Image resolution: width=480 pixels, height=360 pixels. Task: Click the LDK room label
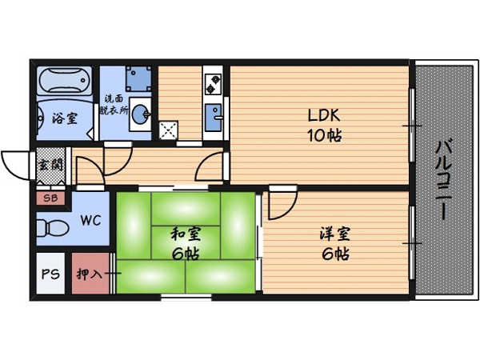(x=324, y=116)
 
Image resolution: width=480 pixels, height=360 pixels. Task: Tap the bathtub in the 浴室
(x=65, y=80)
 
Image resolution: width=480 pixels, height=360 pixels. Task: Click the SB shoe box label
(x=50, y=198)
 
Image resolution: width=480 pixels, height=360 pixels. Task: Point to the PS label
(x=50, y=274)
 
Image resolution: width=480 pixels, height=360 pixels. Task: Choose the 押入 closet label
(x=89, y=274)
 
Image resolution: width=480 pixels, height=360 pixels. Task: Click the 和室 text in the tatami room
(x=186, y=234)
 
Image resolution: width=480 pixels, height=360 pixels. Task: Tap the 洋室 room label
(x=335, y=234)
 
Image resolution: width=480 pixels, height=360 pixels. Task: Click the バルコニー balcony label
(x=443, y=180)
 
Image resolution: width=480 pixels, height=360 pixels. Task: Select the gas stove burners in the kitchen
(x=213, y=84)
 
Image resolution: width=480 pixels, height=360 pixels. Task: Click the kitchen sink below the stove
(x=214, y=118)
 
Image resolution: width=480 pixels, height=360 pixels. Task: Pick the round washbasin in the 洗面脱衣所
(x=141, y=114)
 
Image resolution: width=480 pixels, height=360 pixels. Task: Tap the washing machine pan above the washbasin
(x=138, y=79)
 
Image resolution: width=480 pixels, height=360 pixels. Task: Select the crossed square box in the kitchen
(x=168, y=130)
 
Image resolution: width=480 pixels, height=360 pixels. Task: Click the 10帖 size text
(x=324, y=135)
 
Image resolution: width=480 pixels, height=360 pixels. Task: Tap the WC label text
(x=90, y=220)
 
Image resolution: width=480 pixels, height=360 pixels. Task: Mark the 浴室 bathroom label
(x=65, y=118)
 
